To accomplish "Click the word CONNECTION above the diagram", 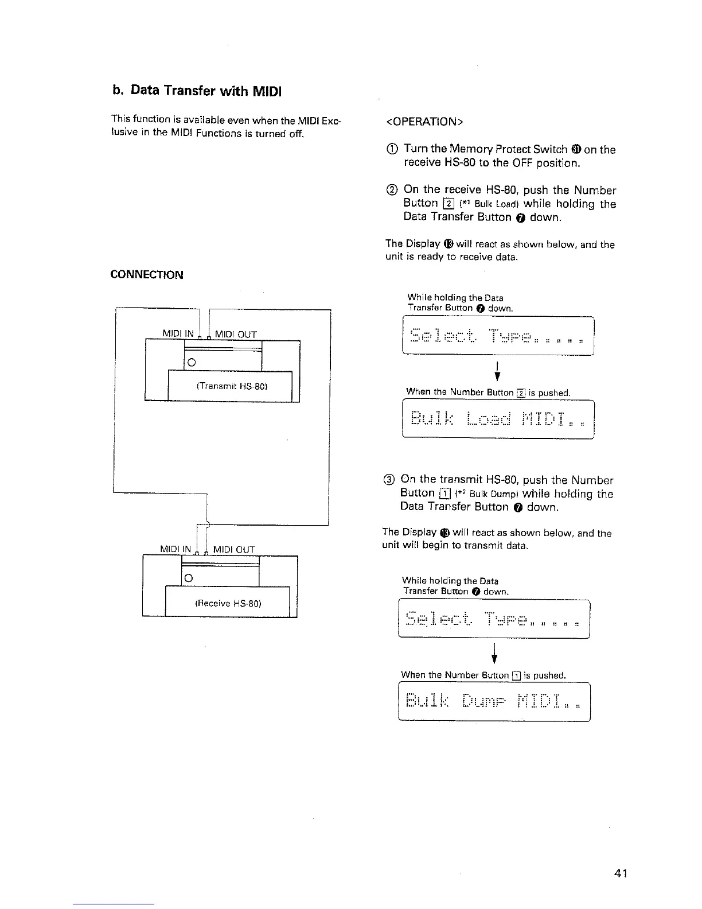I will point(147,275).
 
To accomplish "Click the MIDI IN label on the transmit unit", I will point(180,334).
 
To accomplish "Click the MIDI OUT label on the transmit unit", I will point(236,334).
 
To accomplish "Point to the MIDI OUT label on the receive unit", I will point(233,549).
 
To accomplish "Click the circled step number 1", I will point(392,150).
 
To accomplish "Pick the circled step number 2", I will point(392,190).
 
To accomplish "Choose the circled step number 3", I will point(389,480).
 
